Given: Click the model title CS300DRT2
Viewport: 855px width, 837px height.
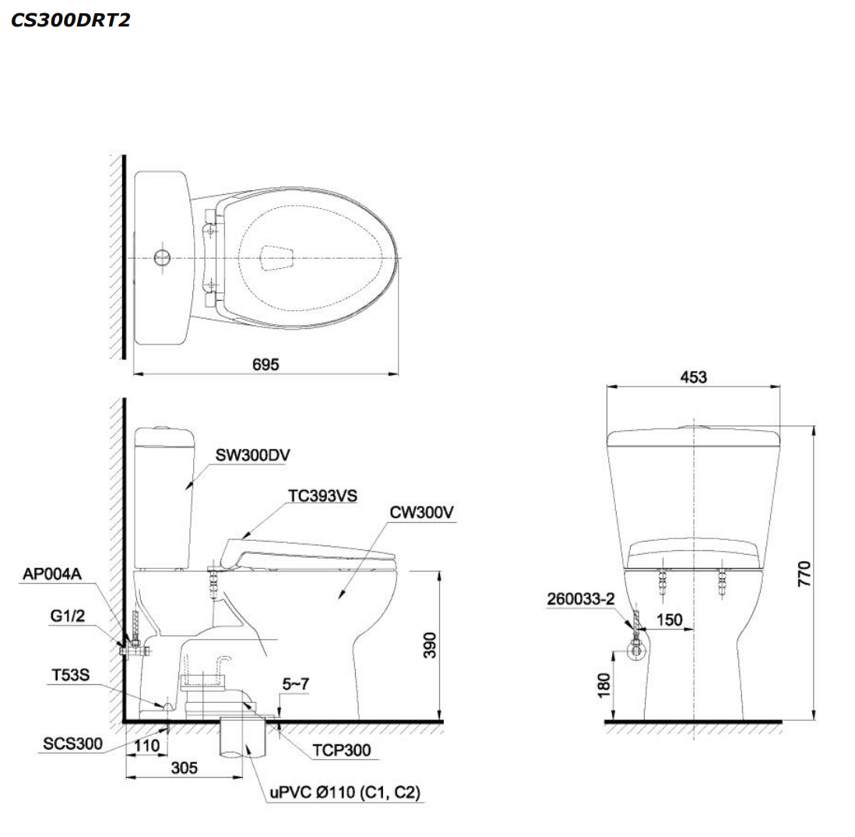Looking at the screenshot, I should click(x=70, y=20).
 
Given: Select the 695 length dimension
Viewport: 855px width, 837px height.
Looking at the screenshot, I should click(x=266, y=364).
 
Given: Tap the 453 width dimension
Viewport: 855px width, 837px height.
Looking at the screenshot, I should click(x=693, y=376).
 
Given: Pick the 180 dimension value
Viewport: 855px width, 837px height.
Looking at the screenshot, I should click(x=605, y=685).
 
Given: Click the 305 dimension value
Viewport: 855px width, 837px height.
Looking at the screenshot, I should click(x=184, y=768).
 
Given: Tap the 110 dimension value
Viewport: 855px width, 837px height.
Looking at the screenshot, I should click(x=146, y=746).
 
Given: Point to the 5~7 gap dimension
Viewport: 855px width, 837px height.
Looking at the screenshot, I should click(x=295, y=683).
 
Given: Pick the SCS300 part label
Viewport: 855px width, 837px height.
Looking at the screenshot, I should click(x=72, y=743).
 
